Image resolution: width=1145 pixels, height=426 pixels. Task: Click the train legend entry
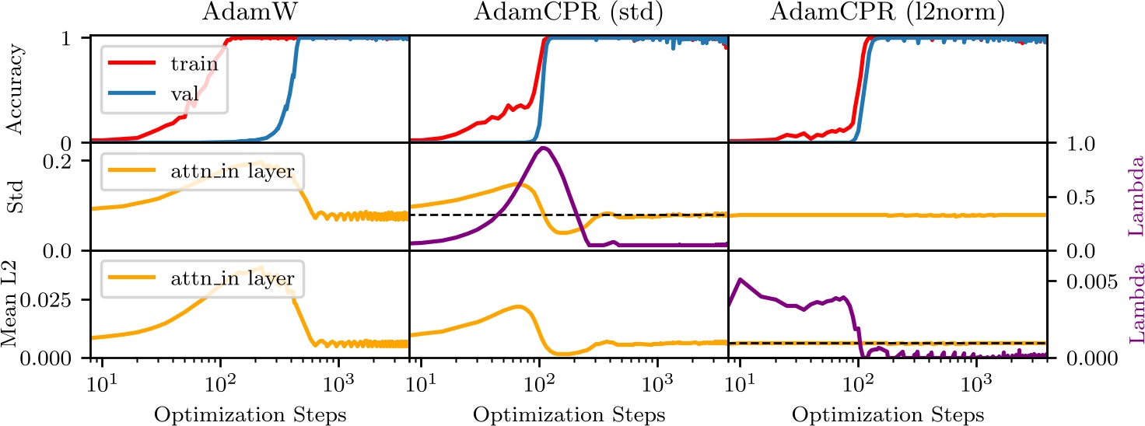(x=194, y=65)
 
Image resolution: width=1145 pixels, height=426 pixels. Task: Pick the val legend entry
(x=184, y=96)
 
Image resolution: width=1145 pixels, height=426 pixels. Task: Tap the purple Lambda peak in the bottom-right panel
(x=741, y=279)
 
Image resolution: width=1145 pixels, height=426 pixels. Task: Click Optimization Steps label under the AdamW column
(x=250, y=414)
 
